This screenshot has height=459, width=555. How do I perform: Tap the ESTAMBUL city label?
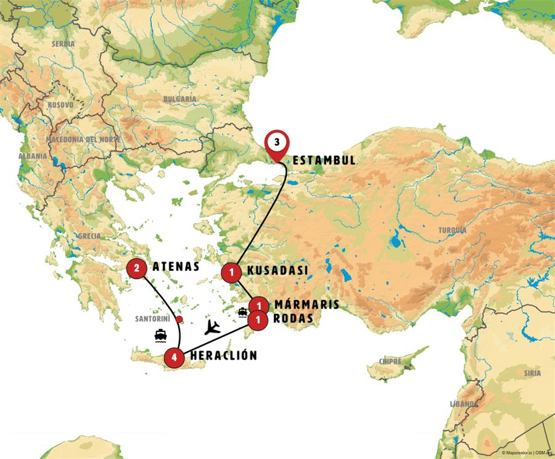324,160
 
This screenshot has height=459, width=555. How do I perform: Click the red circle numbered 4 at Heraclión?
175,357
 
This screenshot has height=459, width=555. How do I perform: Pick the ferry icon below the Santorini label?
161,336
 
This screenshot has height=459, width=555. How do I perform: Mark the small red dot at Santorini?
179,319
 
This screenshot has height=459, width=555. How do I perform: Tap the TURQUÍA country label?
453,230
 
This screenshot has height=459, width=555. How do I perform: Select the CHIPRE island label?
392,361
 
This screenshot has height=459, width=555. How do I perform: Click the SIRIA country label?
532,373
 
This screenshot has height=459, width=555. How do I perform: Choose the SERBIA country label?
64,44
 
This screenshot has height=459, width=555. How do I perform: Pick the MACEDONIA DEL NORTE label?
86,139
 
